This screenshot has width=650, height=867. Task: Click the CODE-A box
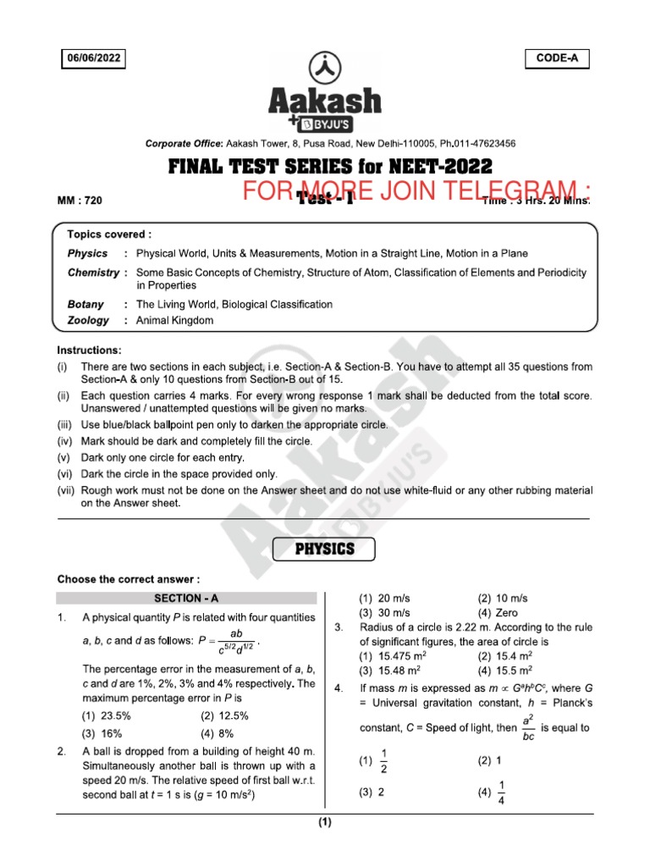click(557, 58)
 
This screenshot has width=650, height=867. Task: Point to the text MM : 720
click(80, 201)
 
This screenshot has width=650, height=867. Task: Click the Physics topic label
click(87, 253)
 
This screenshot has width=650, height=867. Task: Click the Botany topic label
click(85, 304)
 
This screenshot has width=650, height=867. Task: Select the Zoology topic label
click(88, 321)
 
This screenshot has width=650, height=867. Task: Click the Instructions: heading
click(90, 350)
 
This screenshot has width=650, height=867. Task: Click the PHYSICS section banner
click(324, 549)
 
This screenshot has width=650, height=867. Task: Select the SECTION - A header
click(185, 598)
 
